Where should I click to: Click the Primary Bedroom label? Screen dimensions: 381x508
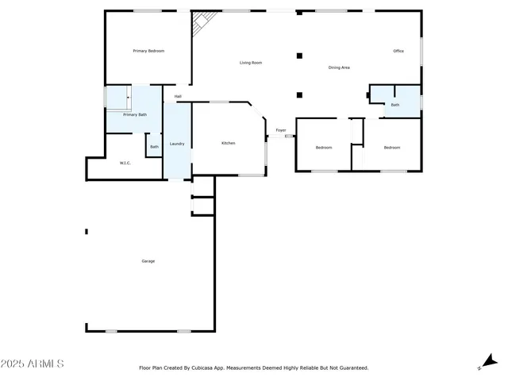pos(148,51)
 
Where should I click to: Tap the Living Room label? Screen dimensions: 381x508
pos(251,63)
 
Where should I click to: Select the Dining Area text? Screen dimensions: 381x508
pos(339,67)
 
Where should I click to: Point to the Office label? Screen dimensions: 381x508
pos(398,51)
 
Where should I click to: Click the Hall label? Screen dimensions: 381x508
pos(178,97)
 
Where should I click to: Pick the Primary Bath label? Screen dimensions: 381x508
pos(134,114)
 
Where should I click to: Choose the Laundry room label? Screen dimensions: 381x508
pos(177,144)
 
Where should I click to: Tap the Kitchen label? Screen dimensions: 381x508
pos(228,143)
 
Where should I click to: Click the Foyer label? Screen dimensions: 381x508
pos(281,130)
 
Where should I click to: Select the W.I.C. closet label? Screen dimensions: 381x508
pos(125,163)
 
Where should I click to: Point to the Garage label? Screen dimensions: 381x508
pos(148,261)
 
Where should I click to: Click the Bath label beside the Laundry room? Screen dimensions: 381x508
pos(154,146)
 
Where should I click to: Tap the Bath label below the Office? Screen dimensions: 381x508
pos(394,105)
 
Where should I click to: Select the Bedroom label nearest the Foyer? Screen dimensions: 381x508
pos(324,148)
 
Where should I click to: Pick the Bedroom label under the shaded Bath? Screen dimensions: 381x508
pos(392,148)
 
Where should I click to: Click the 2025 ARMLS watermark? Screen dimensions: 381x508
pos(33,364)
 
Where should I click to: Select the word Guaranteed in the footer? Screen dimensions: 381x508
pos(352,368)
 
